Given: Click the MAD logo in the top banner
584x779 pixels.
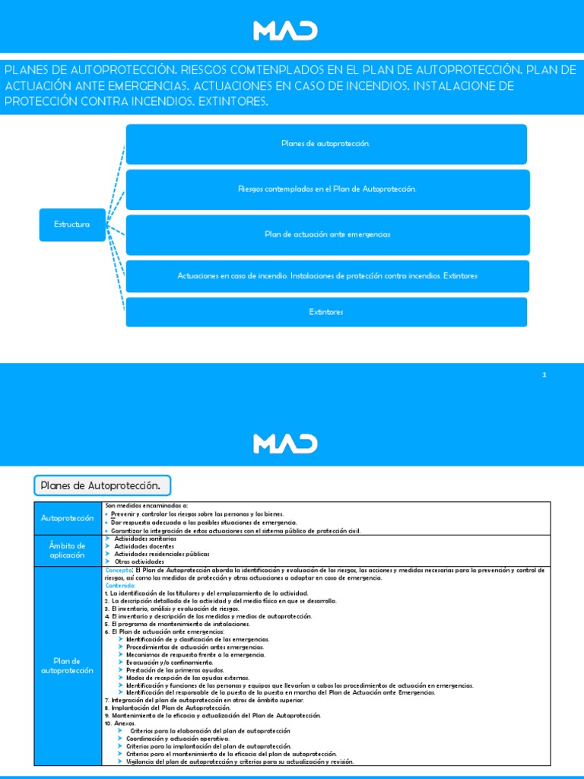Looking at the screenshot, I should (x=285, y=31).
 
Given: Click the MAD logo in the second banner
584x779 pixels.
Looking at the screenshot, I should (x=285, y=443).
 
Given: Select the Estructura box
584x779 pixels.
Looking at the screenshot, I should (x=71, y=224).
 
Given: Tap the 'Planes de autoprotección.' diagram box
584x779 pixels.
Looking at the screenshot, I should (x=326, y=144).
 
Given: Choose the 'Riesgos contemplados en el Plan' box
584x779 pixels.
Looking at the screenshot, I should (x=326, y=189).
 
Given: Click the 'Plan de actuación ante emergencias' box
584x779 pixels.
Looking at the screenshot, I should (x=326, y=234).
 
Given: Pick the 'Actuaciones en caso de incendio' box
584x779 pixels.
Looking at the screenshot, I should (x=326, y=275).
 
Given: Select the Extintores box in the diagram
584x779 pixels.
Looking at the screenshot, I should (x=326, y=312).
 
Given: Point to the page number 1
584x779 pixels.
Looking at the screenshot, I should (x=544, y=374).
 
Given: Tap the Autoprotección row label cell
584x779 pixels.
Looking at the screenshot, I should (x=68, y=518).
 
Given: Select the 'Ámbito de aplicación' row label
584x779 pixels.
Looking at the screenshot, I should (x=68, y=550).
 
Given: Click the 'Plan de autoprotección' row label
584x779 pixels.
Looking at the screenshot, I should (x=68, y=666).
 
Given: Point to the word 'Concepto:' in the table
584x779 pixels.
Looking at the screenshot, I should (x=119, y=570).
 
